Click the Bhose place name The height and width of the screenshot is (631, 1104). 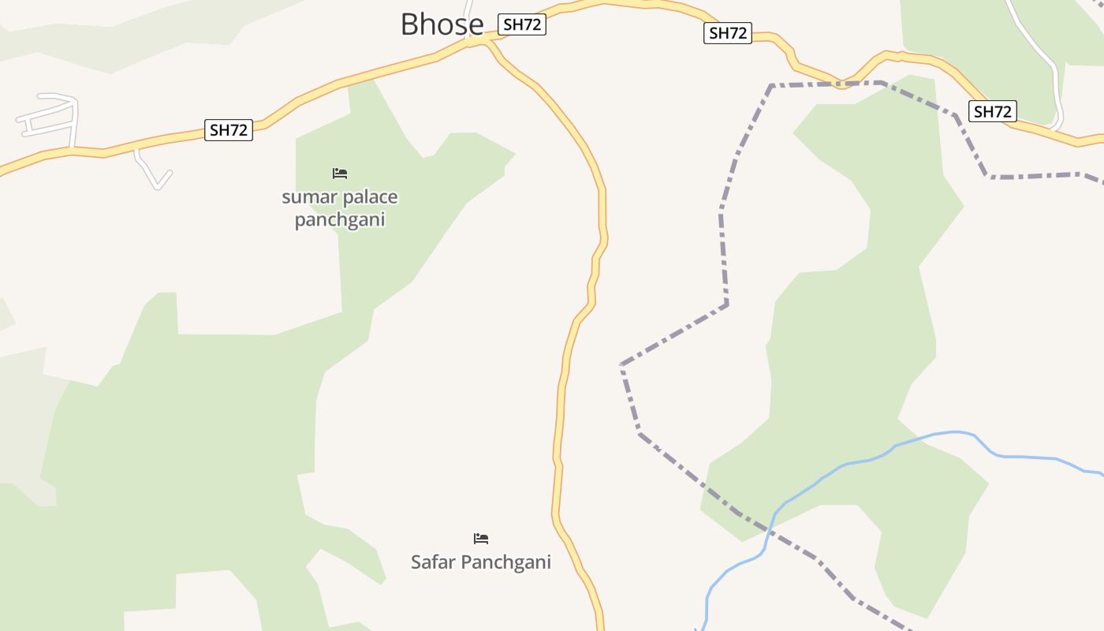(442, 24)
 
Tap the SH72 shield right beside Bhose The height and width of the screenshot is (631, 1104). (522, 24)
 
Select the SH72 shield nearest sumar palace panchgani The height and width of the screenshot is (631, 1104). (229, 130)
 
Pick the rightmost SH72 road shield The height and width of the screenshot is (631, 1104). (992, 111)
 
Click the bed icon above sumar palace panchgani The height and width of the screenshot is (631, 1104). (340, 174)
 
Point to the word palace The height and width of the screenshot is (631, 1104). (360, 197)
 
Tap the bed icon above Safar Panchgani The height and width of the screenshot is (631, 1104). (481, 539)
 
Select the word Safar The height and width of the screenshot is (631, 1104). (434, 562)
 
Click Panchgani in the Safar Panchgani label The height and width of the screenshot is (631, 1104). (505, 562)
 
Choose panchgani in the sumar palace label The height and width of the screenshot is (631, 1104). (340, 219)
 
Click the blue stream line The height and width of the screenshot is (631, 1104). (1025, 457)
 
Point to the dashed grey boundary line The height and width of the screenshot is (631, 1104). (722, 237)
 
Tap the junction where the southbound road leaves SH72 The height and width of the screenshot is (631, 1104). (486, 42)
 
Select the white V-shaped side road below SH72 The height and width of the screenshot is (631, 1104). (156, 178)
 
